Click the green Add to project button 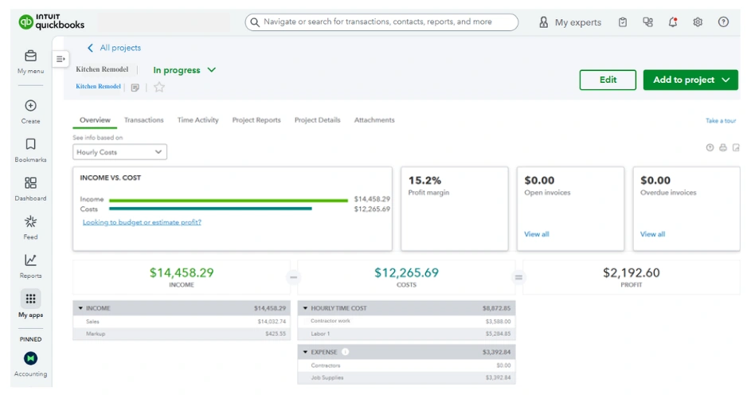point(690,80)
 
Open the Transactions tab point(143,120)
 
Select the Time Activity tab point(198,120)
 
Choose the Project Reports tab point(256,120)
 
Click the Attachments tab point(374,120)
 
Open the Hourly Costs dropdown point(119,152)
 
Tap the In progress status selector point(184,70)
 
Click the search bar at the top point(381,22)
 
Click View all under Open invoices point(536,234)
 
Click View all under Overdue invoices point(652,234)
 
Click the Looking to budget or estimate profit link point(142,222)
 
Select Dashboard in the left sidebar point(30,188)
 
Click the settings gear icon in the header point(698,22)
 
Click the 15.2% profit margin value point(424,181)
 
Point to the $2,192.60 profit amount point(631,272)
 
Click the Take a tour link point(720,121)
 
